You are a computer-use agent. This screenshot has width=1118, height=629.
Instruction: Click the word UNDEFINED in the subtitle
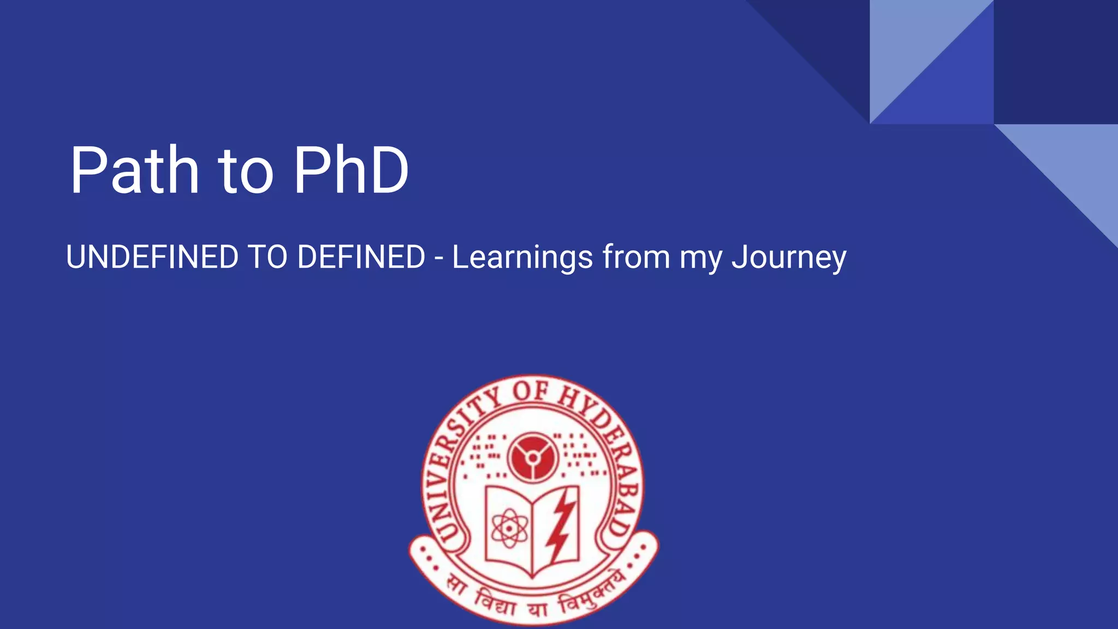[152, 257]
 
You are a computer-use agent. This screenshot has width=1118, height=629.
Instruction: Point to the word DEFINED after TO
[361, 257]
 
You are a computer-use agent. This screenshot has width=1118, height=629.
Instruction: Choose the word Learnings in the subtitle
[522, 258]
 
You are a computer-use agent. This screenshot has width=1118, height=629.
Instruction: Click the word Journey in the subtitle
[789, 258]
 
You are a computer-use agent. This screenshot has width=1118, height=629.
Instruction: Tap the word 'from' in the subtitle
[636, 257]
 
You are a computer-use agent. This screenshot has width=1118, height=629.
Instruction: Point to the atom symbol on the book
[509, 528]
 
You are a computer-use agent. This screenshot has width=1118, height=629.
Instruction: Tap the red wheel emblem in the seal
[532, 458]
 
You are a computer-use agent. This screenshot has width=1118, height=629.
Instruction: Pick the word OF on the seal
[531, 391]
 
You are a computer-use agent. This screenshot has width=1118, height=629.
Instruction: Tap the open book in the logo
[532, 530]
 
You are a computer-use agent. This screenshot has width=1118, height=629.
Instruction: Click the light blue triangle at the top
[912, 44]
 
